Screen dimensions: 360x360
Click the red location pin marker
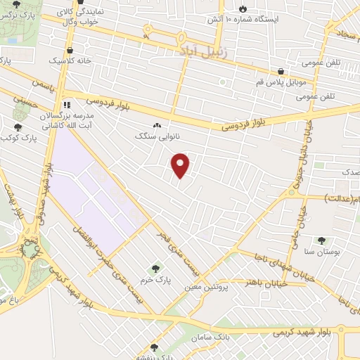click(181, 165)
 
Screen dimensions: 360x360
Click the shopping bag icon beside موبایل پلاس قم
click(281, 71)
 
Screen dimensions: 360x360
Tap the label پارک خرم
click(155, 278)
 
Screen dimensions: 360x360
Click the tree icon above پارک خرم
click(155, 268)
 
